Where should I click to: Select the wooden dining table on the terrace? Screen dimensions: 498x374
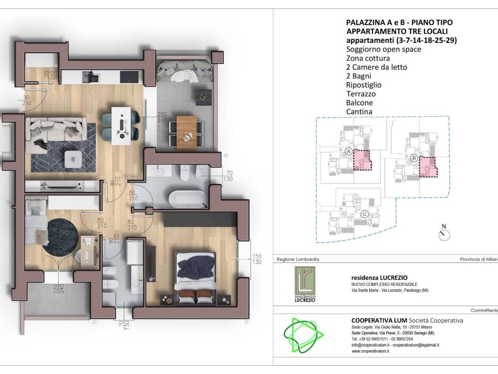click(x=186, y=133)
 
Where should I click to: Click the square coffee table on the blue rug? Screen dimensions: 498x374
click(x=73, y=159)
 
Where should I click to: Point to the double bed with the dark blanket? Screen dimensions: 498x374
click(x=196, y=277)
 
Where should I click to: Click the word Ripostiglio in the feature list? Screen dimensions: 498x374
click(x=364, y=85)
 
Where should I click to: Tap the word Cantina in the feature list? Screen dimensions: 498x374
click(x=359, y=112)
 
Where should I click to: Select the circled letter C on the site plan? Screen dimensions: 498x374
click(x=364, y=214)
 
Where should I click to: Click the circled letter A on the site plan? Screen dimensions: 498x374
click(x=348, y=151)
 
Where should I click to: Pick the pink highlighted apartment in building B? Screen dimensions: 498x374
click(x=428, y=167)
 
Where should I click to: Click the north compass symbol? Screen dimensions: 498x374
click(x=444, y=234)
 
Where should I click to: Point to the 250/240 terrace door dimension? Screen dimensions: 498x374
click(x=162, y=117)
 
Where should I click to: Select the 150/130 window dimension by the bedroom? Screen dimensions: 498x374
click(x=257, y=259)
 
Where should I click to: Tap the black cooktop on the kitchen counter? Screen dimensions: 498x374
click(x=129, y=76)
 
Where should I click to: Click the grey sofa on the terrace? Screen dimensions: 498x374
click(x=185, y=70)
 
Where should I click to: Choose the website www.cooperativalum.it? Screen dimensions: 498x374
click(x=370, y=351)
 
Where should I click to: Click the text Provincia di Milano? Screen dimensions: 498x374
click(x=479, y=259)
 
